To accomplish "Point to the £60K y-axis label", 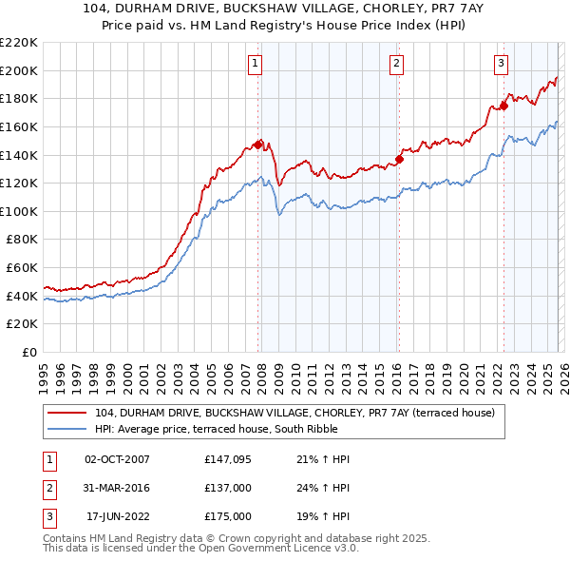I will pyautogui.click(x=22, y=268).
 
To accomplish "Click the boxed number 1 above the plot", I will pyautogui.click(x=256, y=64).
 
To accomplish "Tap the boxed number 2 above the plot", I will pyautogui.click(x=395, y=64).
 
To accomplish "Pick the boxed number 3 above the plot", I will pyautogui.click(x=501, y=64).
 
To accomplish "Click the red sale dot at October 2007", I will pyautogui.click(x=257, y=144).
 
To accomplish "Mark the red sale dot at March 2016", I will pyautogui.click(x=400, y=159).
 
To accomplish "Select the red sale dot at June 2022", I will pyautogui.click(x=504, y=105).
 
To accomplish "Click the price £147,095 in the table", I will pyautogui.click(x=228, y=459).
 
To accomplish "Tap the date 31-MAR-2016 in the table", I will pyautogui.click(x=117, y=488).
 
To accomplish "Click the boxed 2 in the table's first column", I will pyautogui.click(x=47, y=488).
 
